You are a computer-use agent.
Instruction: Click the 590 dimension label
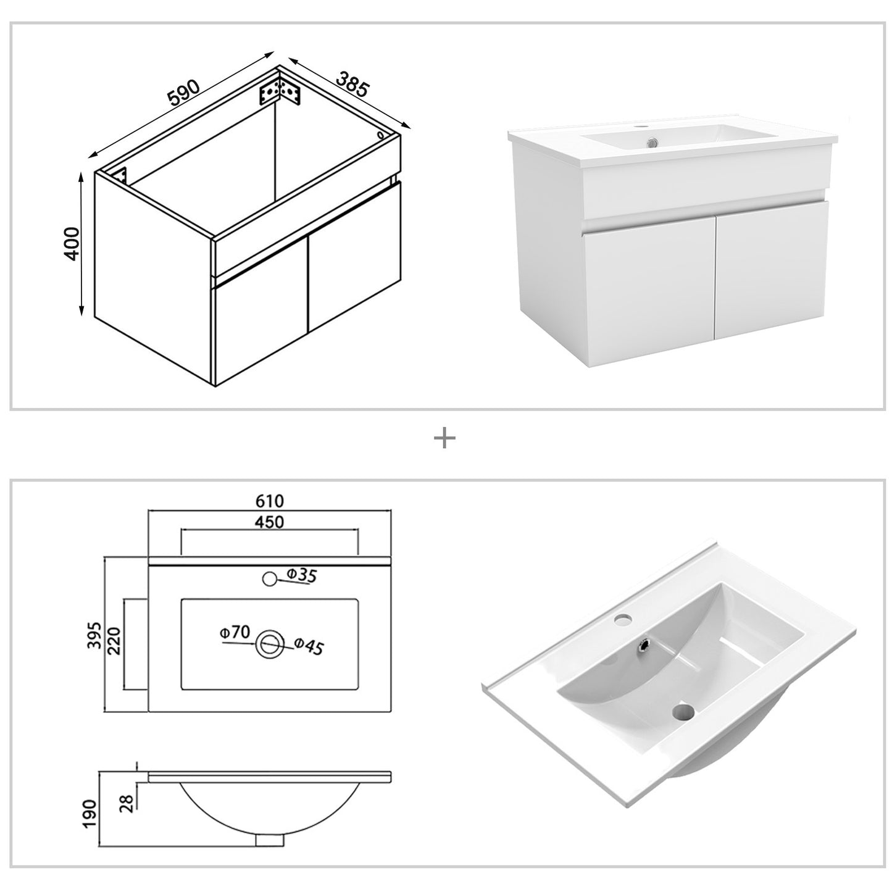(x=183, y=92)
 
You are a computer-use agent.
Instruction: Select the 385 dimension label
(x=352, y=84)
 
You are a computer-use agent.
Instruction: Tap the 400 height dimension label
(x=72, y=244)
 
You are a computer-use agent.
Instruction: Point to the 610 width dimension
(x=270, y=501)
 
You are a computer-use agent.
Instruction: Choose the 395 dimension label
(x=93, y=635)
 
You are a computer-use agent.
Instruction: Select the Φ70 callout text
(x=234, y=632)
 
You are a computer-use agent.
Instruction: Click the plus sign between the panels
(x=444, y=439)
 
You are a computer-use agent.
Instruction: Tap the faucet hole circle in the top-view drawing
(x=270, y=579)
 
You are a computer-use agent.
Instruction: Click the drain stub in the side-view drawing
(x=269, y=840)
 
